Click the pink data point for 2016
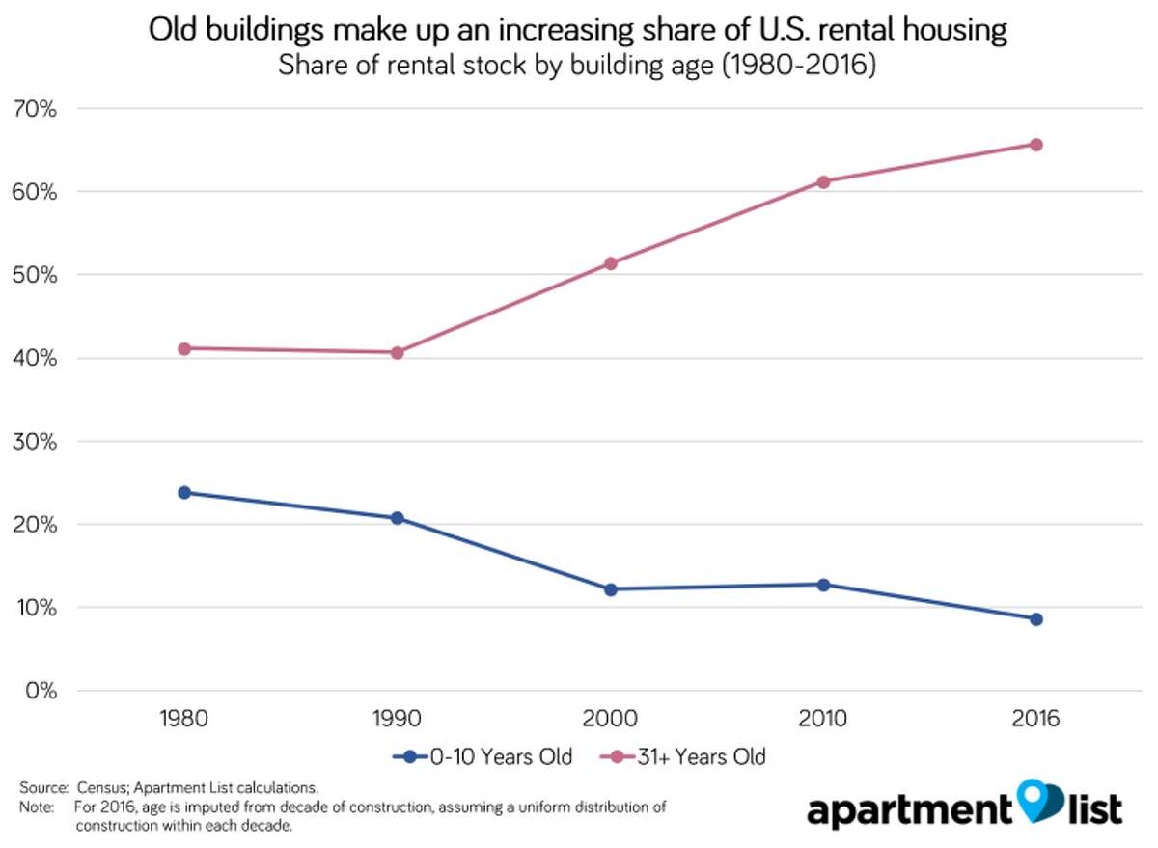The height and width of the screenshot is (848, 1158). (1035, 145)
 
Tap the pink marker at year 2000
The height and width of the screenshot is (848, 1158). (610, 263)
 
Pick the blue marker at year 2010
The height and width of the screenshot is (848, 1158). (823, 585)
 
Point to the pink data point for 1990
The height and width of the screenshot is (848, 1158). (397, 353)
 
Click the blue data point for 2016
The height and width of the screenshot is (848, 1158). (1035, 619)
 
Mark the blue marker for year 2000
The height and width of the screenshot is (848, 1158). (610, 589)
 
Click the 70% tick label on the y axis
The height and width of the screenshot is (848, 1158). (35, 109)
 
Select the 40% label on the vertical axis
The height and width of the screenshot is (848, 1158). (35, 359)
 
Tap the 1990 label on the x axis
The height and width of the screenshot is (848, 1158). (397, 720)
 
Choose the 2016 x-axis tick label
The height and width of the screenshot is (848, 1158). (1035, 720)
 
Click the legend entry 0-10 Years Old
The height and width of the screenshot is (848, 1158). (482, 757)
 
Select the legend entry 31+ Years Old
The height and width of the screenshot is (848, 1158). (685, 757)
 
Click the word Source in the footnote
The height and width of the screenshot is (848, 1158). (40, 788)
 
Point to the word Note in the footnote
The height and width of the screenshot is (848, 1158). (35, 805)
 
